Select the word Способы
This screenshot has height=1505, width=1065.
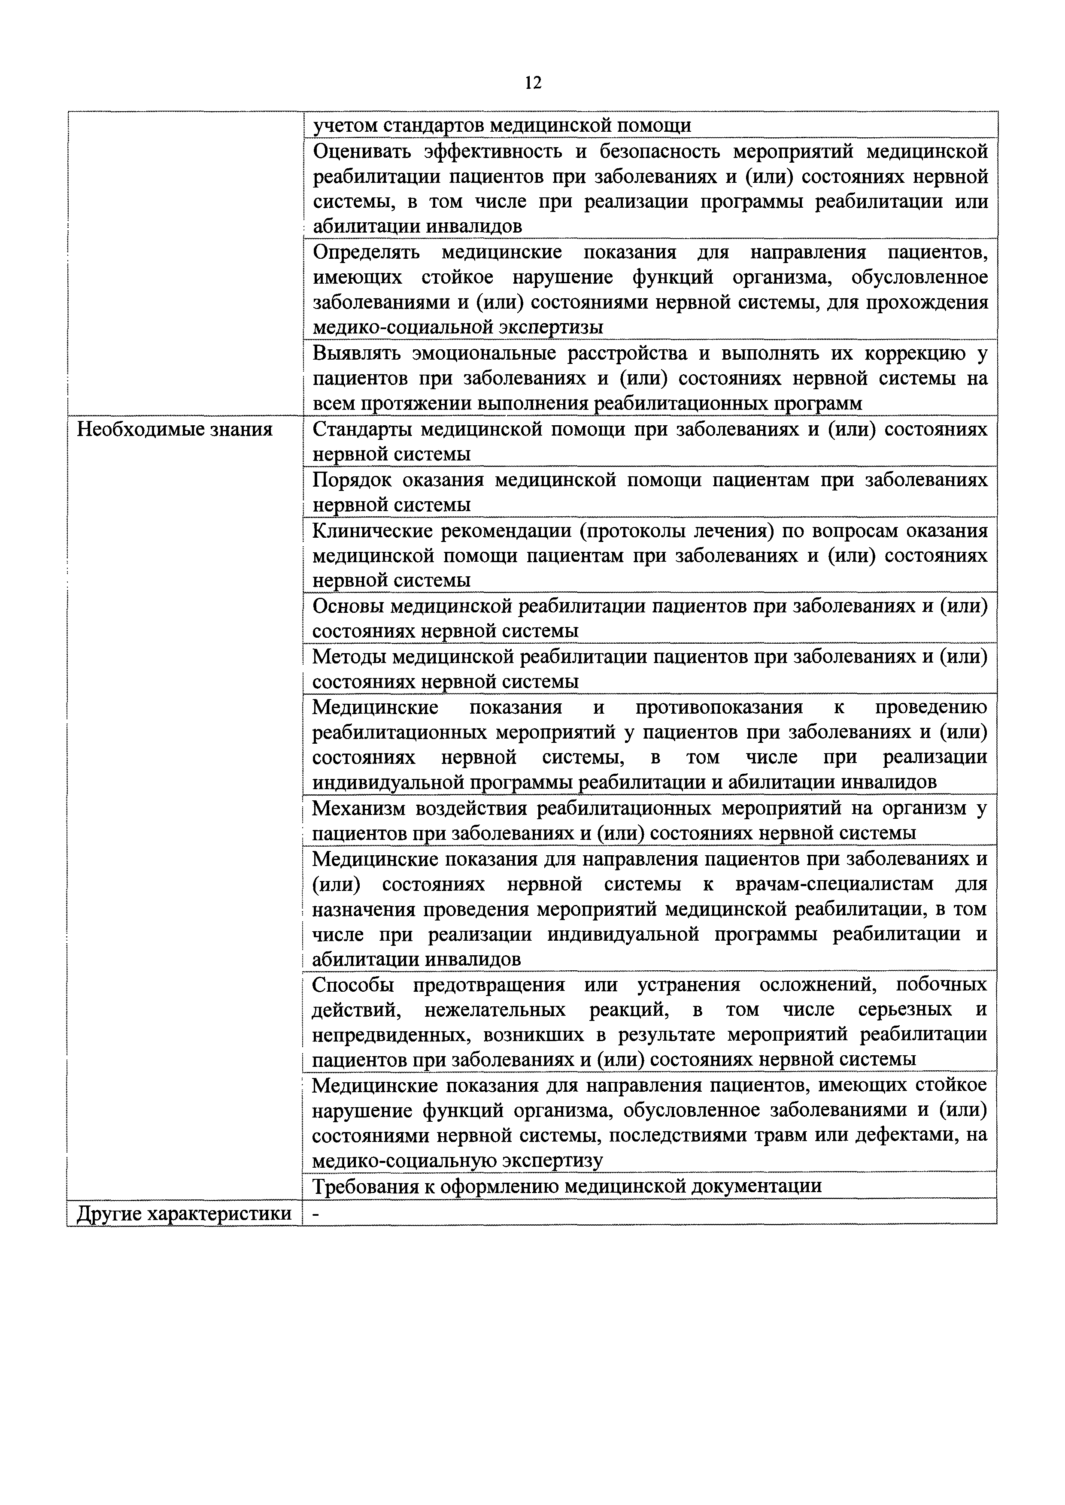(353, 985)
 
